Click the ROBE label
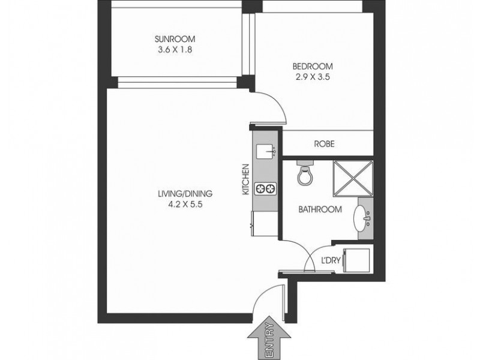pos(325,145)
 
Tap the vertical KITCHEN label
pos(245,180)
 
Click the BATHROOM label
pos(320,209)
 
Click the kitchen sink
pos(264,151)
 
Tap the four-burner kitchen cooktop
pos(264,189)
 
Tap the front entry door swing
pos(266,300)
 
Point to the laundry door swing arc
pos(314,259)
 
